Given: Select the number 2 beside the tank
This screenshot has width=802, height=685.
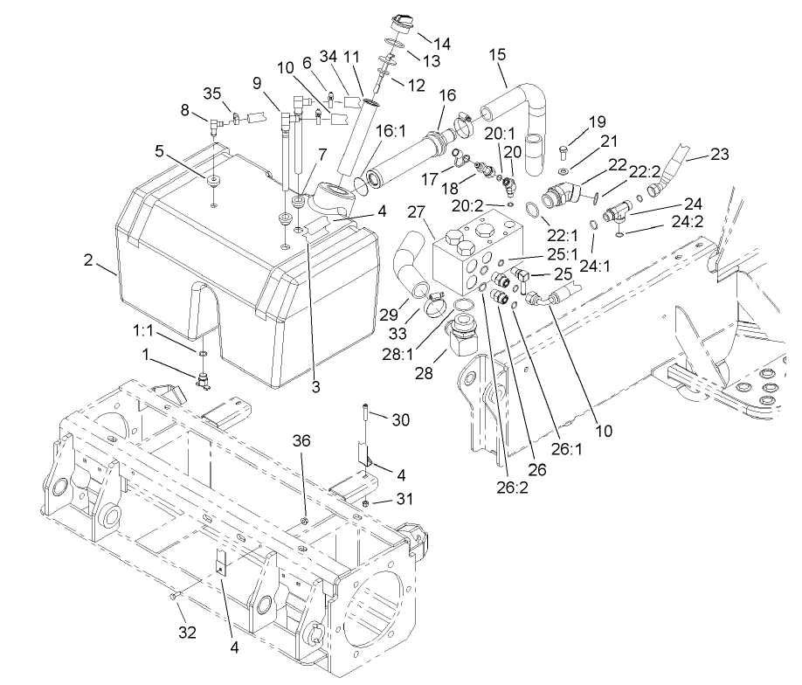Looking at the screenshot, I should tap(88, 259).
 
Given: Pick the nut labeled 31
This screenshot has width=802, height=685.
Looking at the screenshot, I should tap(365, 503).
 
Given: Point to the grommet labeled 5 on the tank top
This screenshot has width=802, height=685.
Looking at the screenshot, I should tap(213, 180).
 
